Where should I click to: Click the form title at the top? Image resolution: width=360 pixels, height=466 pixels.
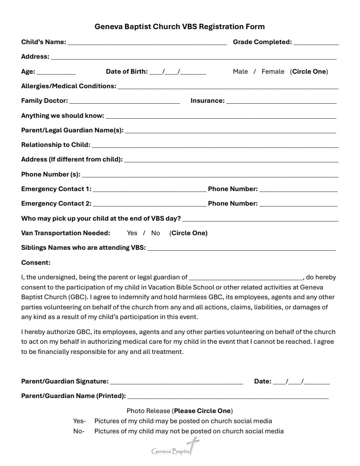click(x=180, y=26)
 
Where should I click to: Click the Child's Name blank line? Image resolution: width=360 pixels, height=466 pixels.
click(x=147, y=43)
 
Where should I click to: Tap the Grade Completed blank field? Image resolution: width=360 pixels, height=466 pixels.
click(x=316, y=43)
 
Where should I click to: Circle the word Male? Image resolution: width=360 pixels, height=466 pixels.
click(x=240, y=71)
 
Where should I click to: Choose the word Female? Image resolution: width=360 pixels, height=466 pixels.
click(x=273, y=71)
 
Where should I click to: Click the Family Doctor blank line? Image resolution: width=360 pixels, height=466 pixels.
click(x=124, y=101)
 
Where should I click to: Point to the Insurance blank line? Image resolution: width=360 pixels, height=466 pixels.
click(x=281, y=101)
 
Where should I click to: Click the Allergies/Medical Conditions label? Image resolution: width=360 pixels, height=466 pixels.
click(x=68, y=86)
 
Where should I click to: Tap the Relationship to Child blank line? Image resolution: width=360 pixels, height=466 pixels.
click(x=215, y=146)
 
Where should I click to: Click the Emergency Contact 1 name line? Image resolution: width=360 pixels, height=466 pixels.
click(x=149, y=190)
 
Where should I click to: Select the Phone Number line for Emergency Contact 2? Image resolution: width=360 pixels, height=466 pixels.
click(x=298, y=204)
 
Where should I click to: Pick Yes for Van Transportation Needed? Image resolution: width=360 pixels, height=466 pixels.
click(x=132, y=233)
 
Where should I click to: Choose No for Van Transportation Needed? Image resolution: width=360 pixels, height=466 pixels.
click(x=155, y=233)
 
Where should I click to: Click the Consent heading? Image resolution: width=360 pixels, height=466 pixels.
click(x=36, y=263)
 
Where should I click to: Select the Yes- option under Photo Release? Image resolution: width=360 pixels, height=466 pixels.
click(x=79, y=421)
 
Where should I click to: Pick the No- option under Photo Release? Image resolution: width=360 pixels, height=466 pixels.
click(x=79, y=431)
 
